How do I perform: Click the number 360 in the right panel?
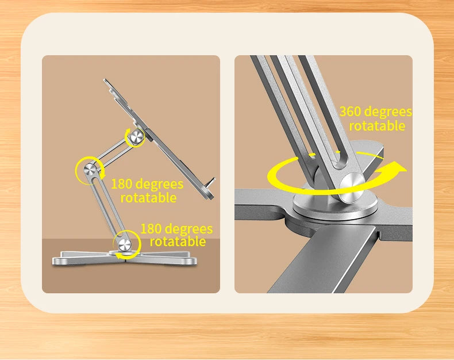pos(351,112)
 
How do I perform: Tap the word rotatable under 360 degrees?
pos(376,126)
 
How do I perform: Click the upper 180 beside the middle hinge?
pos(122,184)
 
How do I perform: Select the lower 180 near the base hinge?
pos(151,229)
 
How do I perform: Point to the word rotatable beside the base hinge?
pos(177,242)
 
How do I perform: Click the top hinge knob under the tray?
pos(137,137)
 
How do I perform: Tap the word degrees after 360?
pos(388,112)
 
